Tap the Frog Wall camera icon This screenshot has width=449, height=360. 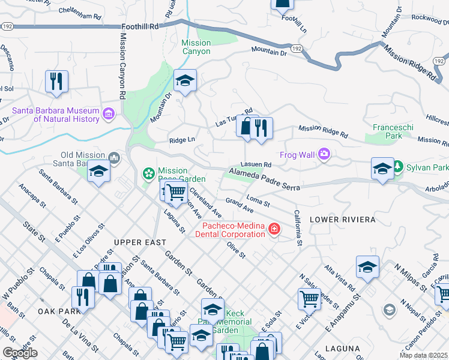[x=325, y=155]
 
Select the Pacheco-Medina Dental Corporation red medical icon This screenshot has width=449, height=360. [x=274, y=229]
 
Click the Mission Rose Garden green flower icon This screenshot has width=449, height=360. [x=148, y=174]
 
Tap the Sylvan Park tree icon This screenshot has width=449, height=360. [x=397, y=166]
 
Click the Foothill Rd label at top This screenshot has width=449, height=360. [x=139, y=27]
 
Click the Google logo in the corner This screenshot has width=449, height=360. [x=20, y=353]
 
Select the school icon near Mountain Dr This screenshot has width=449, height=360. [x=185, y=81]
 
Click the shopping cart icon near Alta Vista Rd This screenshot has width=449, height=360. [x=309, y=298]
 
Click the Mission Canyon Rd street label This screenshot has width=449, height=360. [x=122, y=66]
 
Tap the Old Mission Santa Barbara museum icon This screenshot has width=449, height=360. [x=115, y=158]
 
